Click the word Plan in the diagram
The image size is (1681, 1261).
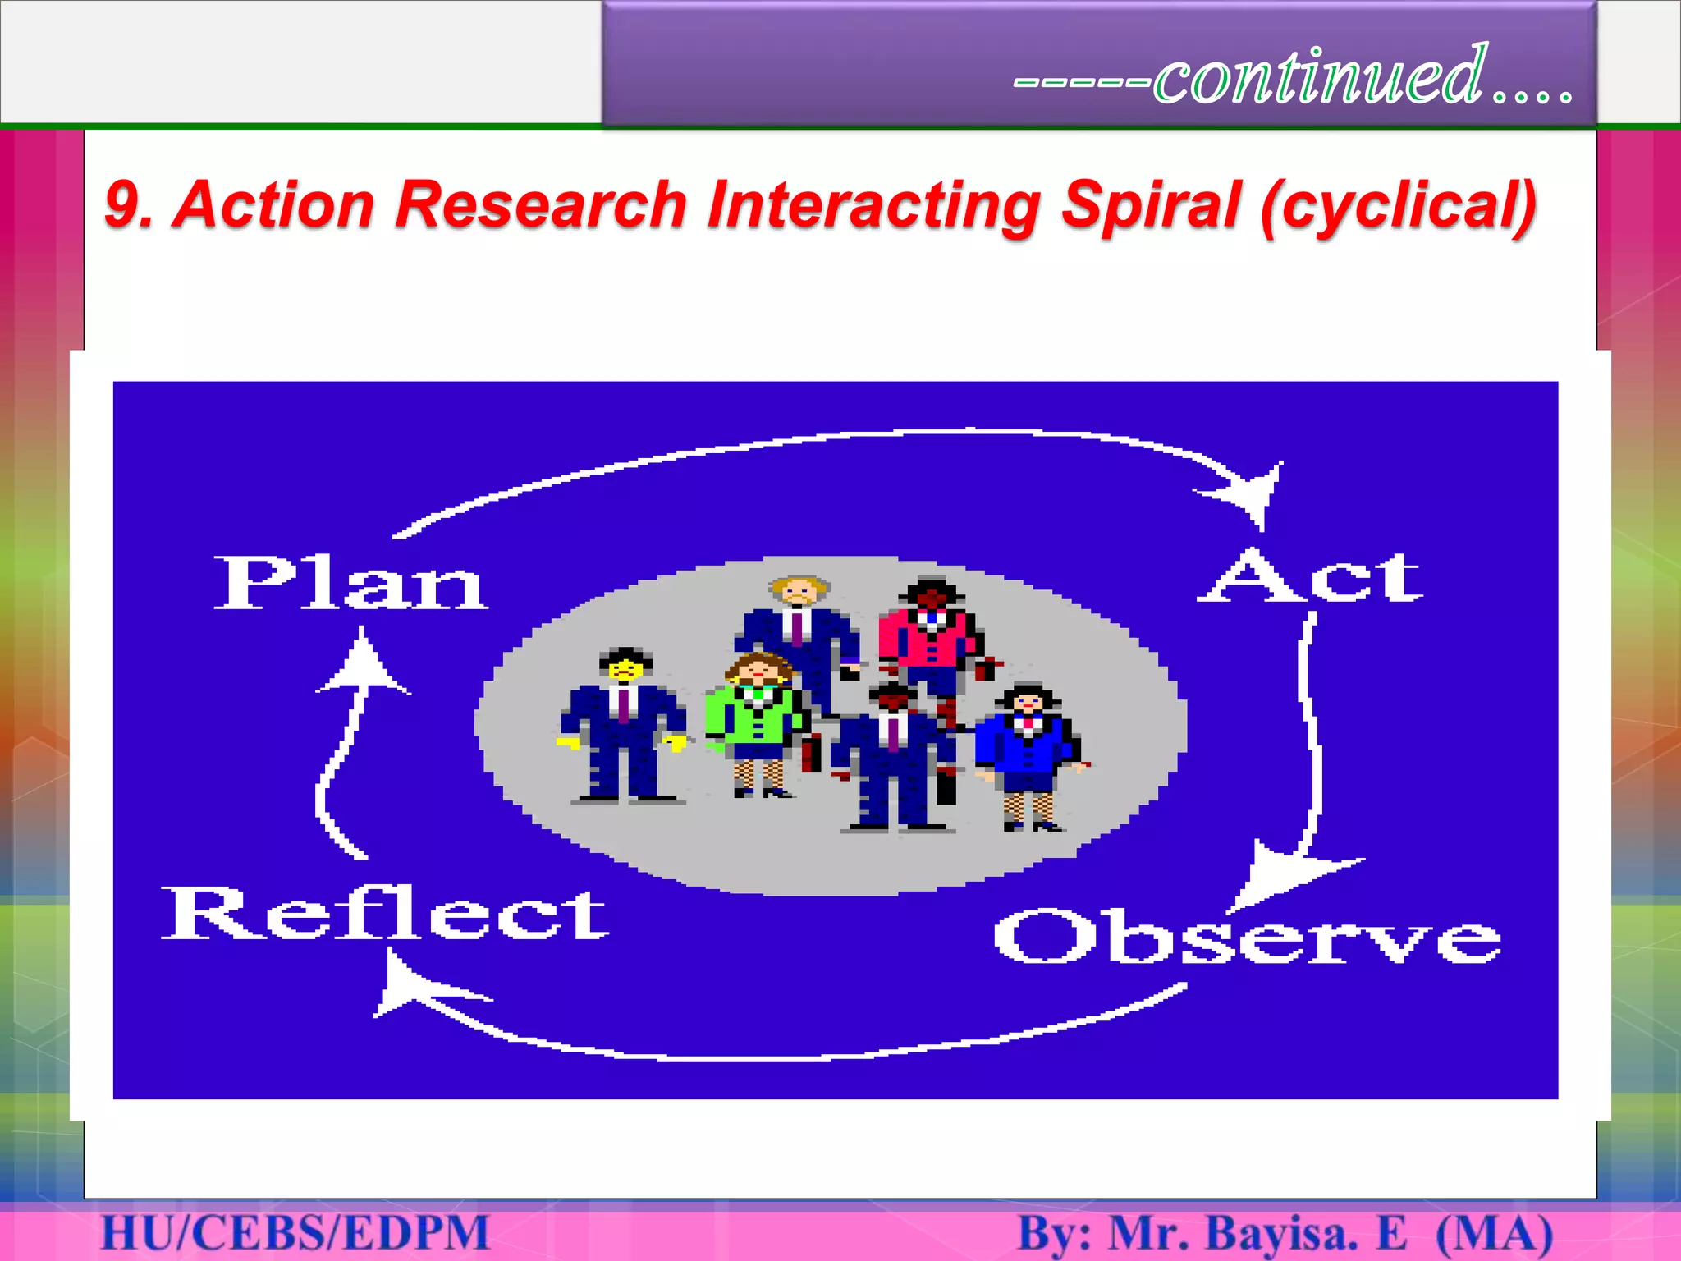click(x=351, y=582)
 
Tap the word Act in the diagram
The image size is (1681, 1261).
click(x=1311, y=576)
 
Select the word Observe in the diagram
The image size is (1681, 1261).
click(x=1248, y=937)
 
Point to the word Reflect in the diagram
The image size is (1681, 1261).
click(x=385, y=914)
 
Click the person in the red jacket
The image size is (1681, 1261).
click(x=930, y=640)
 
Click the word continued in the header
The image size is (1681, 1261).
click(x=1320, y=76)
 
